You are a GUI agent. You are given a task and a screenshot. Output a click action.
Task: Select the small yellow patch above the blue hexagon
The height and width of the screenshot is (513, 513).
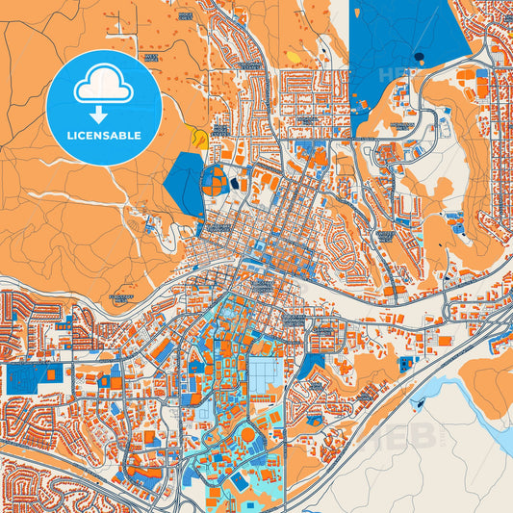[x=199, y=139]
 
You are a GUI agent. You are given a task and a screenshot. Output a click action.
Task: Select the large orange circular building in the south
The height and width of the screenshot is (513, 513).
[x=248, y=435]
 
